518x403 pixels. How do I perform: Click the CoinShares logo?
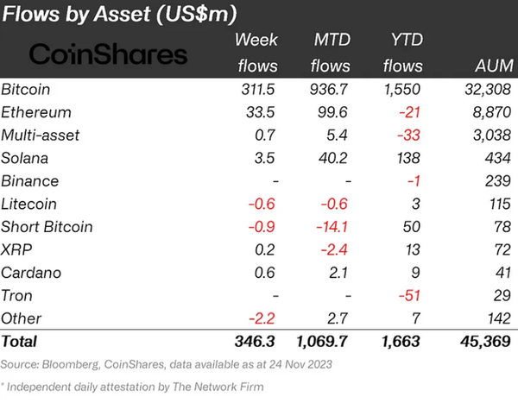coord(108,55)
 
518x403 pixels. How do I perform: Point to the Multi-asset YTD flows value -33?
coord(408,135)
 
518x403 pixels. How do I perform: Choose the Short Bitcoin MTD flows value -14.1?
coord(332,228)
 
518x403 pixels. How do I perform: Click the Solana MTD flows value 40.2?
coord(334,159)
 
